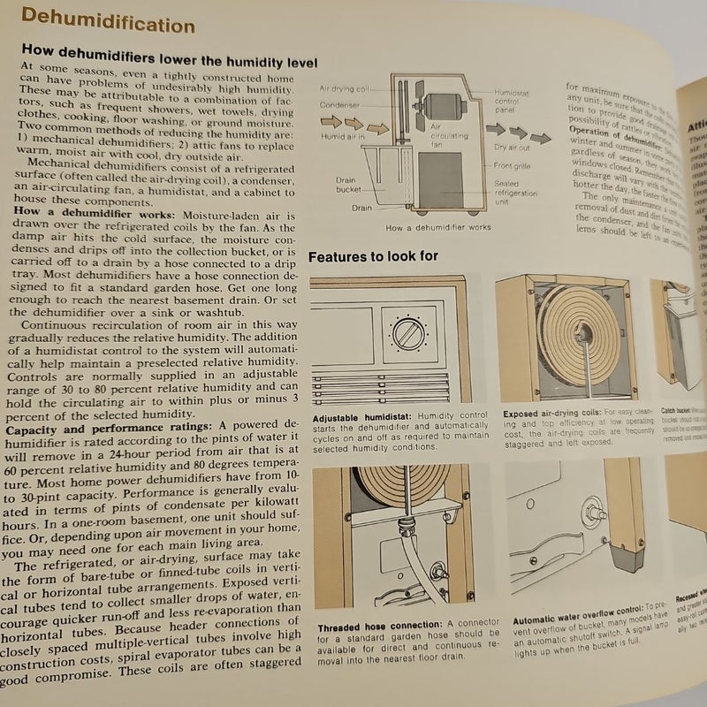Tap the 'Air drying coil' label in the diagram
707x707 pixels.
pyautogui.click(x=348, y=90)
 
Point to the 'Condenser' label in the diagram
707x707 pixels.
pyautogui.click(x=339, y=104)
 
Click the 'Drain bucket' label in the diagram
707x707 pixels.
pyautogui.click(x=346, y=184)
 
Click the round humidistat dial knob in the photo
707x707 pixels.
pyautogui.click(x=409, y=337)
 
